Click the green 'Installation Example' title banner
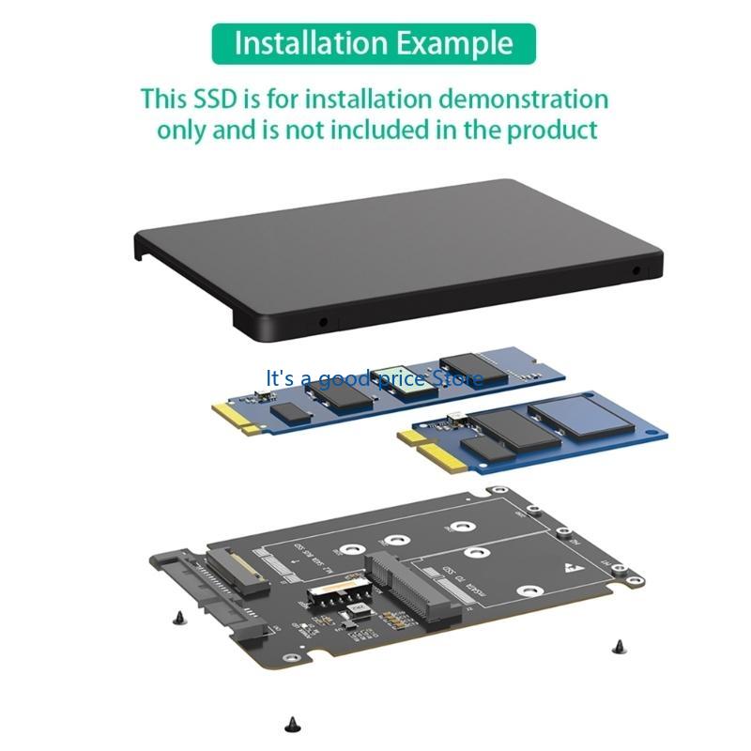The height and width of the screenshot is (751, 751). pyautogui.click(x=374, y=43)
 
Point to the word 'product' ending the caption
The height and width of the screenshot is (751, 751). pyautogui.click(x=552, y=130)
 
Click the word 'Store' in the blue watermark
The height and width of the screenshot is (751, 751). pyautogui.click(x=458, y=378)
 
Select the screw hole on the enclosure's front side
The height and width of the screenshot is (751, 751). pyautogui.click(x=325, y=321)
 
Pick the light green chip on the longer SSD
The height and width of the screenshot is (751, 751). pyautogui.click(x=405, y=380)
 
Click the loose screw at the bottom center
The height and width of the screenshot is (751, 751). pyautogui.click(x=290, y=723)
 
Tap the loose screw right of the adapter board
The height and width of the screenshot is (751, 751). pyautogui.click(x=617, y=645)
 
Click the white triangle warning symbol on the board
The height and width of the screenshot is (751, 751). pyautogui.click(x=571, y=568)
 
